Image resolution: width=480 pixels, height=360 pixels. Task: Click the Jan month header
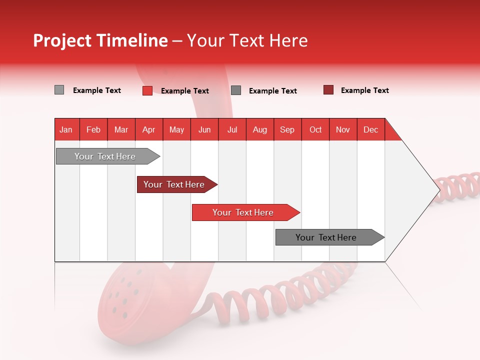pyautogui.click(x=66, y=129)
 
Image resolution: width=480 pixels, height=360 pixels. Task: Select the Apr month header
pyautogui.click(x=148, y=129)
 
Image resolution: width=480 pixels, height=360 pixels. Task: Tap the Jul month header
pyautogui.click(x=232, y=129)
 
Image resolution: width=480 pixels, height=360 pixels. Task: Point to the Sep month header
pyautogui.click(x=287, y=129)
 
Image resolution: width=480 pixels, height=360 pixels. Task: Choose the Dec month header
pyautogui.click(x=370, y=129)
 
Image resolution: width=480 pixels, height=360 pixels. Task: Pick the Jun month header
pyautogui.click(x=204, y=129)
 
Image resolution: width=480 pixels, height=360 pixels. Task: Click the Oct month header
pyautogui.click(x=315, y=129)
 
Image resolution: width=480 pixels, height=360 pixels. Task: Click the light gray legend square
pyautogui.click(x=59, y=90)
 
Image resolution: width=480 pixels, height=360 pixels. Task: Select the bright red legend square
pyautogui.click(x=147, y=90)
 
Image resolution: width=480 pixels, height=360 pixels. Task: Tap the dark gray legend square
pyautogui.click(x=236, y=90)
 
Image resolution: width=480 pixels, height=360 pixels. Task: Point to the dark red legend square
pyautogui.click(x=328, y=90)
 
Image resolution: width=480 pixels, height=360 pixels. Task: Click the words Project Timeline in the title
pyautogui.click(x=100, y=40)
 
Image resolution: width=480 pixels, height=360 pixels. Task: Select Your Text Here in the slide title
pyautogui.click(x=247, y=40)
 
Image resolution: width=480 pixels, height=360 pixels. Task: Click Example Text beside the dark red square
pyautogui.click(x=364, y=90)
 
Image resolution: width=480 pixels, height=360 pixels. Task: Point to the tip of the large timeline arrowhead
pyautogui.click(x=439, y=190)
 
